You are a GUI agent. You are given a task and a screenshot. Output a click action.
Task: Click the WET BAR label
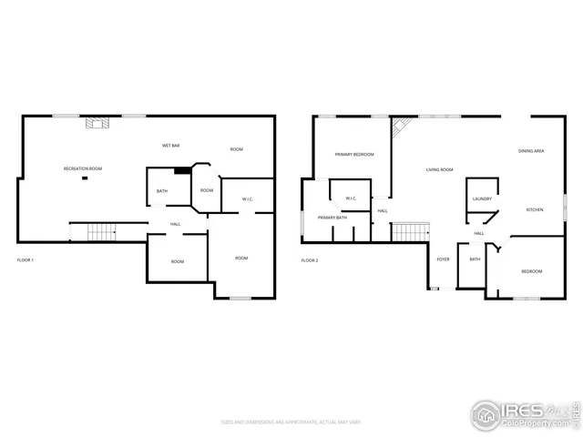pos(169,146)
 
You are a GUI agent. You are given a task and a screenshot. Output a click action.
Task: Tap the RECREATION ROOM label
pos(82,169)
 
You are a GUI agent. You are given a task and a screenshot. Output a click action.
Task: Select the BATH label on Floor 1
pos(162,191)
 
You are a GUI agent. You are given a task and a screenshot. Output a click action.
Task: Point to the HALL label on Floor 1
pos(175,225)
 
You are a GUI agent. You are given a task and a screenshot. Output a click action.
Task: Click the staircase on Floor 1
pos(102,232)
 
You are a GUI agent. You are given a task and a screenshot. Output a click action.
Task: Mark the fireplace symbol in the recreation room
pos(97,122)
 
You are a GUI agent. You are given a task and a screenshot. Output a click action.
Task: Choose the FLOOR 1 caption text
pos(26,261)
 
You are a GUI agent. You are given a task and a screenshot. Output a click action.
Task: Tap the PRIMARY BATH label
pos(332,218)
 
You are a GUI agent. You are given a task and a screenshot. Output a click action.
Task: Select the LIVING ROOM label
pos(440,169)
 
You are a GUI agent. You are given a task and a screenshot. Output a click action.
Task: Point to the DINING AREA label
pos(532,151)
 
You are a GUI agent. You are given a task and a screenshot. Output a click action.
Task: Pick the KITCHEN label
pos(535,210)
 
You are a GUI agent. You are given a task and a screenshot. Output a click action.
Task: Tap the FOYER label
pos(443,259)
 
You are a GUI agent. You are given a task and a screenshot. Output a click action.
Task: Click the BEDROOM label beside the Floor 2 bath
pos(532,271)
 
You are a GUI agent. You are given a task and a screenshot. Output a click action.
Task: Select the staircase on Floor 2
pos(409,232)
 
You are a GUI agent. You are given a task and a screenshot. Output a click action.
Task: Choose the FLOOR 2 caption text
pos(311,261)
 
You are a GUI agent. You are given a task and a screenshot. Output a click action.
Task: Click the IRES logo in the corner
pos(523,414)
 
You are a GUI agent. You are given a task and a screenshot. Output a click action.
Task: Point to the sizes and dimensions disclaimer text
pos(291,422)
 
